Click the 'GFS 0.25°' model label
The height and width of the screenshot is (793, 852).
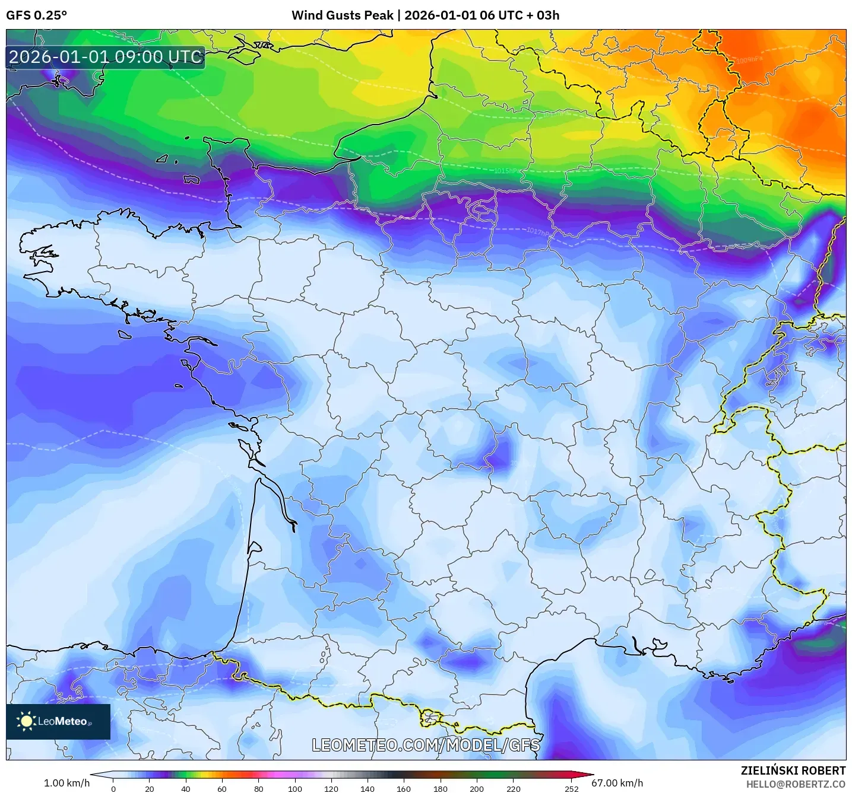(36, 15)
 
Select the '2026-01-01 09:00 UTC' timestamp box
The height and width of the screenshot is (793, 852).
(106, 58)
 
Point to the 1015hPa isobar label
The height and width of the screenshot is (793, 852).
(506, 171)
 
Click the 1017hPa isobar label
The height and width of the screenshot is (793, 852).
(539, 231)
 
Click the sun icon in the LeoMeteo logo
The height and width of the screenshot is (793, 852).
(26, 721)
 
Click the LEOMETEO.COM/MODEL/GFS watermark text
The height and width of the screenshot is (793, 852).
(426, 745)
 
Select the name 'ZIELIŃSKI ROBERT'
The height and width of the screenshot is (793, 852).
(793, 770)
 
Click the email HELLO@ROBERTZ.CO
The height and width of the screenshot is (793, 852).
(795, 784)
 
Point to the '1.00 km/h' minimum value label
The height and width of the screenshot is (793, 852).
(66, 783)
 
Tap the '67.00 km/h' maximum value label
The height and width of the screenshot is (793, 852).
(617, 783)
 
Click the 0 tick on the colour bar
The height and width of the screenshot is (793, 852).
(113, 789)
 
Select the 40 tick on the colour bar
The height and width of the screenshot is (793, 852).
(186, 789)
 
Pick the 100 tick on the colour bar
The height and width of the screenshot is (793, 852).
(294, 789)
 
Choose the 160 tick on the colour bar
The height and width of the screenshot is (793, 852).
(404, 789)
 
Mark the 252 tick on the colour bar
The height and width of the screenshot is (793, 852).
(571, 789)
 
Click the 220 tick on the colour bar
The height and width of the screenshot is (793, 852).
(513, 789)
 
